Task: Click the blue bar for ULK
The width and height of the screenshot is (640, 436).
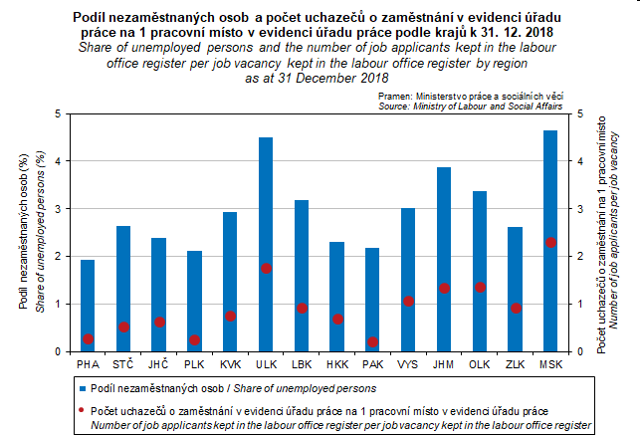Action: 266,244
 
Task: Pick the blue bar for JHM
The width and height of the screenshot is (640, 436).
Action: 444,259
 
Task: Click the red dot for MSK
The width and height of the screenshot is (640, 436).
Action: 550,243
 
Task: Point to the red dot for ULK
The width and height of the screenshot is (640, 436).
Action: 266,268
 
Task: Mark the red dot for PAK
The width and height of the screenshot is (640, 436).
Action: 372,341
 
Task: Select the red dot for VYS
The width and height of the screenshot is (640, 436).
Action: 408,301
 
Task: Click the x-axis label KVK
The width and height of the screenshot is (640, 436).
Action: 230,365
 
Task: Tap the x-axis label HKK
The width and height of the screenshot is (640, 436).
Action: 336,365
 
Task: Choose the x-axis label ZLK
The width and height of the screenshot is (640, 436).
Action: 515,365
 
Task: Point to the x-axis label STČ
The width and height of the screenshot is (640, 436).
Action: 123,365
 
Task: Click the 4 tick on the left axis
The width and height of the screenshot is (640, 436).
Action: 56,161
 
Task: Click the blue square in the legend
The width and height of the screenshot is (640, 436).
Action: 81,387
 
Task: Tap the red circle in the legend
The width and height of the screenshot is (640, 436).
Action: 81,408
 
